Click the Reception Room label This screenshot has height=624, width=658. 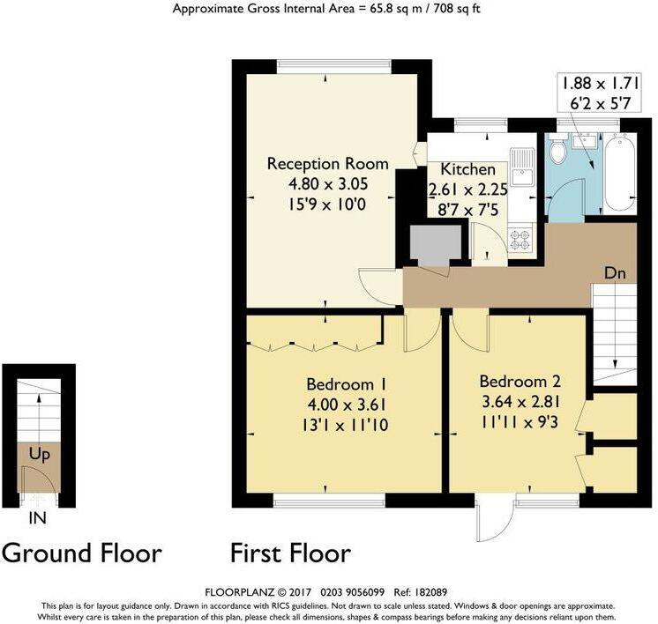pos(327,164)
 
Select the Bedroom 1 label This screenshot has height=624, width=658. pos(345,384)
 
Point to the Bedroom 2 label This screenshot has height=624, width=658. pos(520,382)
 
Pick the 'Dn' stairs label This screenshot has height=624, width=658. pos(615,272)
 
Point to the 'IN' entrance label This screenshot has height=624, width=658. pos(37,519)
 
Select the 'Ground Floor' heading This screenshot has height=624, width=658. pos(81,553)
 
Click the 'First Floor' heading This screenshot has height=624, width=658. pos(290,553)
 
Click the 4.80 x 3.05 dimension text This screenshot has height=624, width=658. pos(328,185)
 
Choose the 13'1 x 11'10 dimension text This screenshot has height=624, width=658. pos(345,426)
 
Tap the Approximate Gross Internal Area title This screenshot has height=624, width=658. pos(327,10)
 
